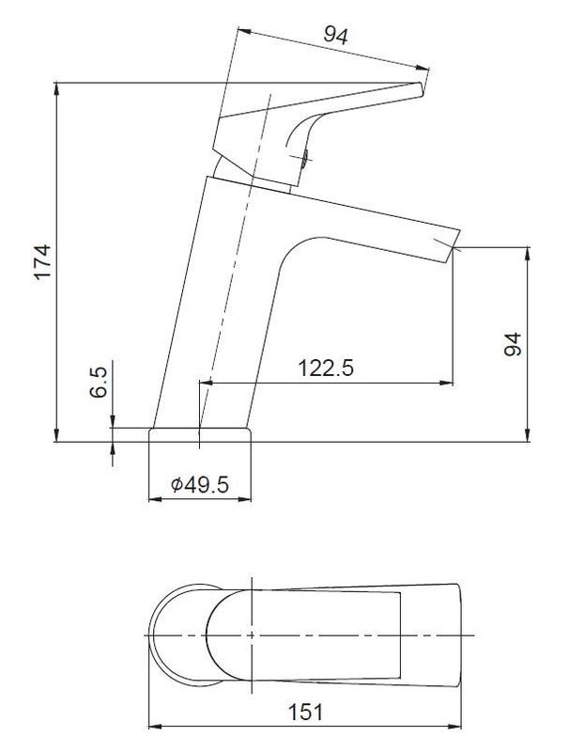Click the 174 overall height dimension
[42, 262]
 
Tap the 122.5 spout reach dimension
[326, 368]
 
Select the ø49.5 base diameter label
[200, 485]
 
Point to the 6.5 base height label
[99, 383]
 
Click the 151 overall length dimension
[305, 713]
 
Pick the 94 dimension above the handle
[336, 35]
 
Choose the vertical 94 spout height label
[513, 344]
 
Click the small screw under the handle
[305, 156]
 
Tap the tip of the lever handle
[421, 89]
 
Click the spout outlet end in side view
[454, 245]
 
